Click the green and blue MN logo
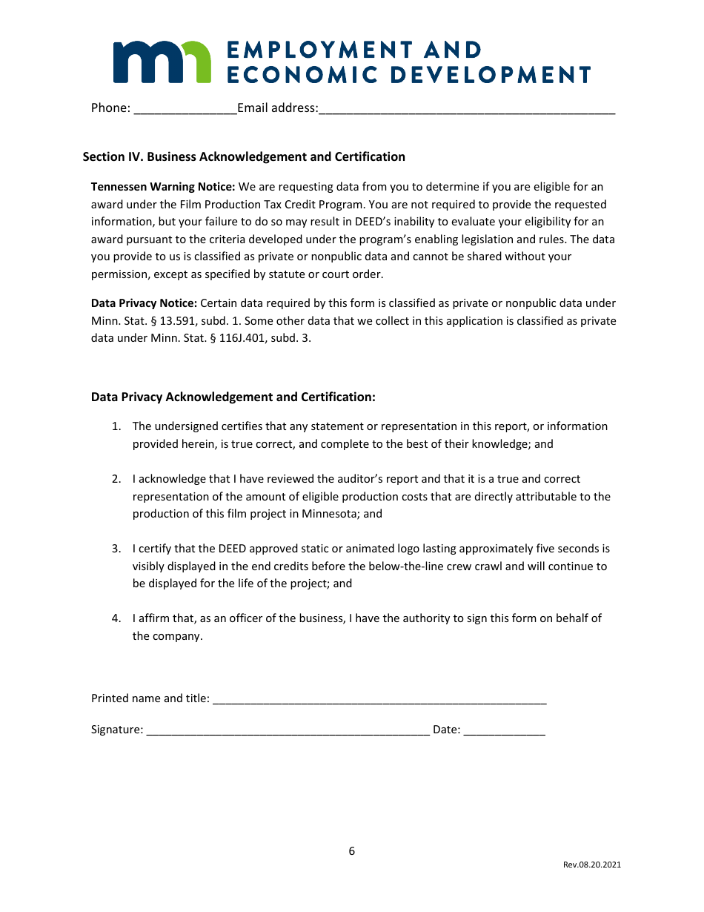tap(162, 62)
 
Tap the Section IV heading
tap(244, 156)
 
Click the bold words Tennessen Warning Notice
tap(163, 187)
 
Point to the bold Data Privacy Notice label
tap(144, 303)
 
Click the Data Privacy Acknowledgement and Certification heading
tap(233, 397)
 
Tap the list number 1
tap(116, 426)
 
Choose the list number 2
tap(116, 479)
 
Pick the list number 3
tap(116, 549)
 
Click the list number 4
tap(116, 618)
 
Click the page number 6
tap(352, 851)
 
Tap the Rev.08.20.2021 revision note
tap(591, 865)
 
